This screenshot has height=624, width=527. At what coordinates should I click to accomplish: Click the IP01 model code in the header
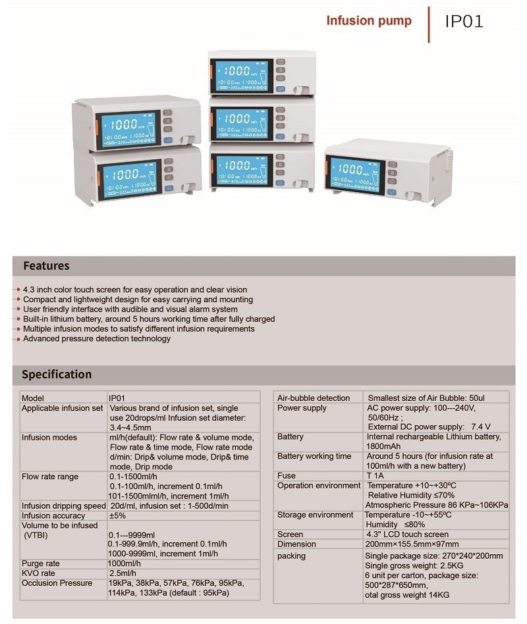[x=464, y=21]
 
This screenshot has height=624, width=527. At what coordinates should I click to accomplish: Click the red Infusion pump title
[x=369, y=20]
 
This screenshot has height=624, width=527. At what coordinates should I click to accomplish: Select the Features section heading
[x=46, y=266]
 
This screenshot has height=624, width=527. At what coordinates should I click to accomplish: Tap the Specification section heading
[x=57, y=375]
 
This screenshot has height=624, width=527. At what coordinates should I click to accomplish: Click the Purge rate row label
[x=42, y=563]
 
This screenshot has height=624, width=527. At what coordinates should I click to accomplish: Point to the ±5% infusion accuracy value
[x=117, y=516]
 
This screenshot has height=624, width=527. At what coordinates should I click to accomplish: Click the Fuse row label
[x=287, y=475]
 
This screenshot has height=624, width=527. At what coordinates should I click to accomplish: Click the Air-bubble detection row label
[x=314, y=398]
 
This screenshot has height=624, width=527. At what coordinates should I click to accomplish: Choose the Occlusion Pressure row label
[x=57, y=583]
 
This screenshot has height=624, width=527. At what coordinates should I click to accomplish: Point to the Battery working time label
[x=314, y=456]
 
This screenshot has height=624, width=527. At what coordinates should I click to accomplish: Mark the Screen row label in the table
[x=291, y=534]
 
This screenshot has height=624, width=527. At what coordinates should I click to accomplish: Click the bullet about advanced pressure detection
[x=97, y=338]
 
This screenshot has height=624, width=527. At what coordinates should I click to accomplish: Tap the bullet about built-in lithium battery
[x=149, y=319]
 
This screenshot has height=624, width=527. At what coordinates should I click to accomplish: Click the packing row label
[x=291, y=556]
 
